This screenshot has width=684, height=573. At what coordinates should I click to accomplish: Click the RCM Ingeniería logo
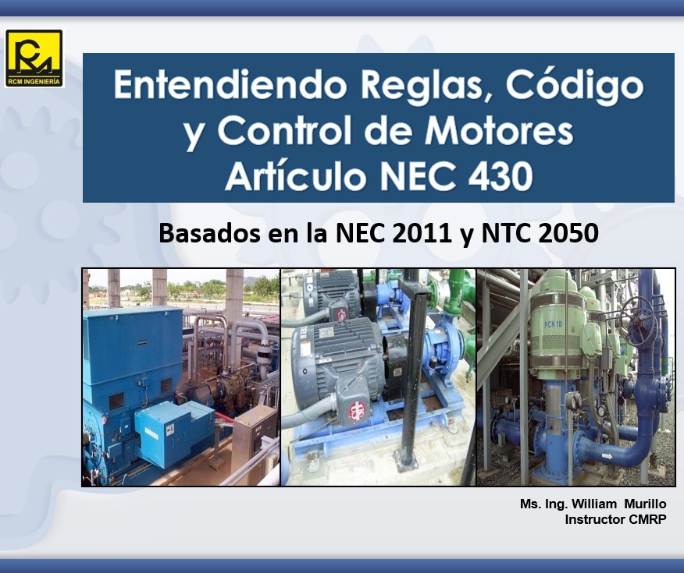pyautogui.click(x=34, y=58)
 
